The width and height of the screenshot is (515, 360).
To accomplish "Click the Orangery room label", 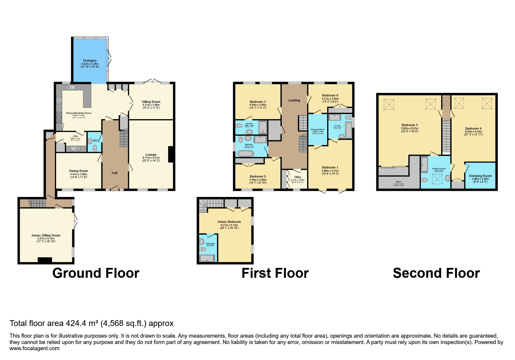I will point(90,60).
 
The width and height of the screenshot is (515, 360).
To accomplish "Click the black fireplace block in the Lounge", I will point(171,154).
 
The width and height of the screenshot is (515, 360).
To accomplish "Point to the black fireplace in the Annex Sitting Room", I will point(45,260).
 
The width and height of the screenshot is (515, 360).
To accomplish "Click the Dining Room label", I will point(79,171).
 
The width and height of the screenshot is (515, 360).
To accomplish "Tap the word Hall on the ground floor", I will point(115,173).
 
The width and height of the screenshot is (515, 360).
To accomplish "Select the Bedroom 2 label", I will point(258,102).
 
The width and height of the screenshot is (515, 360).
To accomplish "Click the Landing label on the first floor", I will point(294,100).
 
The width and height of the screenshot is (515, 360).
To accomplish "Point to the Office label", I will point(297,177).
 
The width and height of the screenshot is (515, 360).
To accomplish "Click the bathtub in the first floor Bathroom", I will point(246,154).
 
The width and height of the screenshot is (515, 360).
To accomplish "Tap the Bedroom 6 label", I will point(330,95).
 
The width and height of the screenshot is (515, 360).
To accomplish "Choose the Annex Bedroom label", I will point(229,222).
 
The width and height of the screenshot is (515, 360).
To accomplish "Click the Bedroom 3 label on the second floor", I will point(410,125).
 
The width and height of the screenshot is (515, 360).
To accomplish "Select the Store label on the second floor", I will point(398,182).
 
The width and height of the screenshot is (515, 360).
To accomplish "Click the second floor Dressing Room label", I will point(480,176).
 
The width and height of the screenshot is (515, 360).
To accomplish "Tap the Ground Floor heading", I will point(96,273).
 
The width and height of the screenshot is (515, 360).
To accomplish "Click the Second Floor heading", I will point(436,273).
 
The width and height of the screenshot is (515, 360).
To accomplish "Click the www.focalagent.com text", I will point(34,348).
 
